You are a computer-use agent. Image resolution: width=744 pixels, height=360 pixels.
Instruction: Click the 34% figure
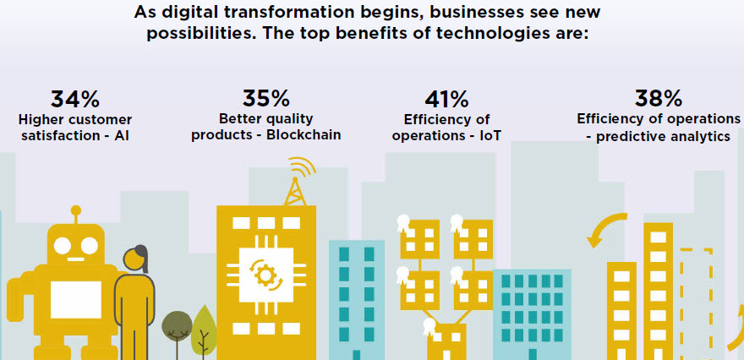75,100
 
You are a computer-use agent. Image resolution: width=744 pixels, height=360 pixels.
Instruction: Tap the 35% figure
265,98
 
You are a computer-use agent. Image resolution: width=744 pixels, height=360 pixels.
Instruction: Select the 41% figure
446,100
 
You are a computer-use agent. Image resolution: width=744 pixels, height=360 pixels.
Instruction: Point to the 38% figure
658,99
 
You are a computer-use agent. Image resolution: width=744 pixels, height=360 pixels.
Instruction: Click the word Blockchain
304,134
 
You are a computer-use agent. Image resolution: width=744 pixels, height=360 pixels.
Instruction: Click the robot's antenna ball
75,210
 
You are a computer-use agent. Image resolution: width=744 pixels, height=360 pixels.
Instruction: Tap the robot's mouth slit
75,259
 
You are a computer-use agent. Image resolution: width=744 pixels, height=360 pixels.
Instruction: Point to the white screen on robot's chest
76,299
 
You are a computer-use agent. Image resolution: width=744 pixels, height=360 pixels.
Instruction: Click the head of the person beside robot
134,259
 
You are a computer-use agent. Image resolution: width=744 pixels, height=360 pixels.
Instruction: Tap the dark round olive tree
177,324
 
